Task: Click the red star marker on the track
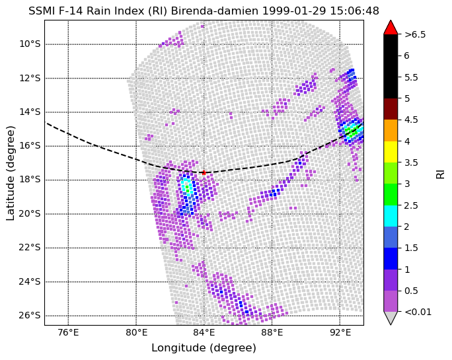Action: (x=204, y=172)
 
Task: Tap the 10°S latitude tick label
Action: (x=30, y=44)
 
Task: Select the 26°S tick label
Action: (x=30, y=315)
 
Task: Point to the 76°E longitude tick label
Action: (x=68, y=333)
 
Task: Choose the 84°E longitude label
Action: (x=204, y=333)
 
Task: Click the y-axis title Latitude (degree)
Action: (x=10, y=173)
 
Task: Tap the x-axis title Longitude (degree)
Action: (x=204, y=348)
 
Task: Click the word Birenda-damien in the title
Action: (x=215, y=11)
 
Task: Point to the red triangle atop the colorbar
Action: (x=391, y=27)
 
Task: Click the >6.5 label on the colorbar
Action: (x=415, y=34)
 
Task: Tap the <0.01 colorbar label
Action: (x=418, y=312)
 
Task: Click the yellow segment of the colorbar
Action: (x=391, y=152)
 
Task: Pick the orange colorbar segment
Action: (x=391, y=131)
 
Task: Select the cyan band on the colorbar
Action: (x=391, y=216)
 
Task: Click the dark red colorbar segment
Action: (x=391, y=109)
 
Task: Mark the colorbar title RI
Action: (x=441, y=174)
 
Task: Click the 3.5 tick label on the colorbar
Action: (x=411, y=162)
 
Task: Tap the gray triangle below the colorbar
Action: (x=391, y=317)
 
